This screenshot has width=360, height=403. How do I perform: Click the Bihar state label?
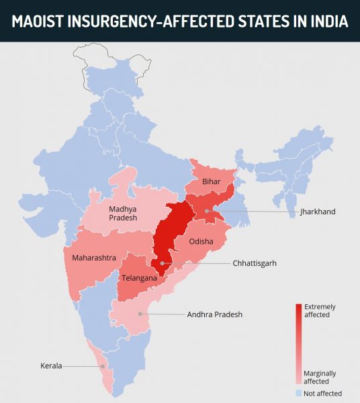(x=212, y=182)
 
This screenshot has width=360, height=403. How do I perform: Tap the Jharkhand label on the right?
(x=318, y=212)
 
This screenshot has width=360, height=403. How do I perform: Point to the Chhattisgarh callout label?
(x=255, y=263)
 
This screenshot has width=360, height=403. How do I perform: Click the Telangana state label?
(x=139, y=277)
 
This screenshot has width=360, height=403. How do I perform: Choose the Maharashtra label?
(x=89, y=257)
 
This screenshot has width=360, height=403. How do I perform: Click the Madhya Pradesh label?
(x=123, y=212)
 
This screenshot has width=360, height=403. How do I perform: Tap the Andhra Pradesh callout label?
(x=214, y=314)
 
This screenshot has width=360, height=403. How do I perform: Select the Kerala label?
(x=50, y=366)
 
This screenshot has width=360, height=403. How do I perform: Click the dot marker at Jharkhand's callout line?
(x=207, y=212)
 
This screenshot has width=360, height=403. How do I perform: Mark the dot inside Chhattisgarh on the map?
(x=162, y=263)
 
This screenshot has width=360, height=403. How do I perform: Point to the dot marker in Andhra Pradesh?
(x=140, y=314)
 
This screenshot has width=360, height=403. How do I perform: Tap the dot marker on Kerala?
(x=102, y=366)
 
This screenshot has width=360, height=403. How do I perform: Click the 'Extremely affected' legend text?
(x=319, y=310)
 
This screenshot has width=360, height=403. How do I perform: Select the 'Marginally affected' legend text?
(x=320, y=377)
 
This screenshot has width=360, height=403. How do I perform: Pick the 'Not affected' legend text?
(x=323, y=393)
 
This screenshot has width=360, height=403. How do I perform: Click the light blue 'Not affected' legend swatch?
(x=299, y=393)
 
